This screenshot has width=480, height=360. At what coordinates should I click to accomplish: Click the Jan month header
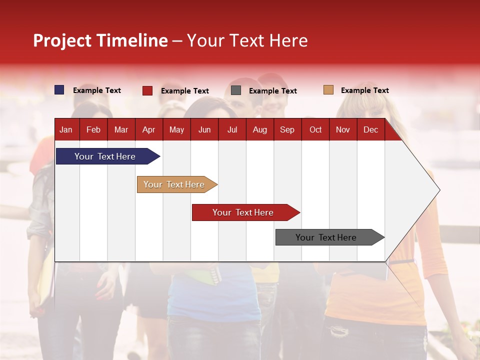click(66, 129)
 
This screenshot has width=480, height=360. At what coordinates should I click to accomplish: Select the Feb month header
click(93, 129)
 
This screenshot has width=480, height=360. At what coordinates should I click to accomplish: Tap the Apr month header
click(148, 129)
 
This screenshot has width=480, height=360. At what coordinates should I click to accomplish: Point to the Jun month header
click(204, 129)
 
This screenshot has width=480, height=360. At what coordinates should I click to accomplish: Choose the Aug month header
click(259, 129)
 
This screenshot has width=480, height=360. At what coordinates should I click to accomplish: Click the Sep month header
click(287, 129)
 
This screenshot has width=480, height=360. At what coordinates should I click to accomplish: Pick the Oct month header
click(315, 129)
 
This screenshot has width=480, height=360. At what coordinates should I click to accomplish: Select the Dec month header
click(370, 129)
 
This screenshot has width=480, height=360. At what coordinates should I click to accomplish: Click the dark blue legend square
click(59, 90)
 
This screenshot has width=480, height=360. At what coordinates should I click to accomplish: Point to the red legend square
click(147, 90)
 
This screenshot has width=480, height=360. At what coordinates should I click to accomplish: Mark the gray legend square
click(236, 90)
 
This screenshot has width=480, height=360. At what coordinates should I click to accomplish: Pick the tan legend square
click(328, 90)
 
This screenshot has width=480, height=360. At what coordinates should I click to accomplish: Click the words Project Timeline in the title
click(100, 40)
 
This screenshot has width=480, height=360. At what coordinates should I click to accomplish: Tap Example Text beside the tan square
click(364, 90)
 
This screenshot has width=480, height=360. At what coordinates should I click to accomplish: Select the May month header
click(176, 129)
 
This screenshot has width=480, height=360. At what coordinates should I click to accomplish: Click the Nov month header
click(342, 129)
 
